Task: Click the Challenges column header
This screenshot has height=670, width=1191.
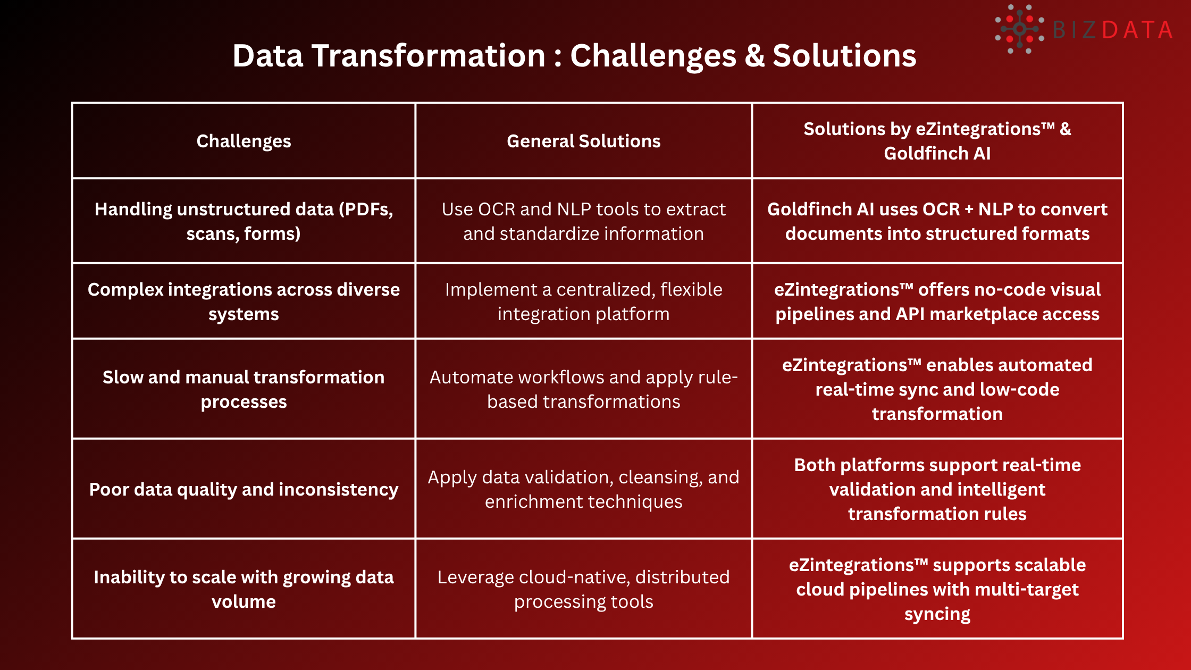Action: tap(244, 141)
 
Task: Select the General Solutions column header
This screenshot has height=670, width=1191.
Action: tap(583, 141)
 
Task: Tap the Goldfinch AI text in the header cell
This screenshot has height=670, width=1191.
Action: tap(937, 154)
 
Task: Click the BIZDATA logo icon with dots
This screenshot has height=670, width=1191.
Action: tap(1019, 29)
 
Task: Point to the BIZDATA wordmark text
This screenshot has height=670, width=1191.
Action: tap(1112, 30)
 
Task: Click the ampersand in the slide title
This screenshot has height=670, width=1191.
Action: tap(754, 56)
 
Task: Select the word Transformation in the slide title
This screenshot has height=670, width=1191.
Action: tap(429, 56)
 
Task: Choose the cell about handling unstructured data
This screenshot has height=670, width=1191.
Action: tap(244, 221)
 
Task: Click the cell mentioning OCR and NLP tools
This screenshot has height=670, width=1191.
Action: tap(583, 221)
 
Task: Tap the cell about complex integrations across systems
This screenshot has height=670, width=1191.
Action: tap(244, 301)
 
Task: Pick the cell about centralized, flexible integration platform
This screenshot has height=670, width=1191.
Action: tap(583, 301)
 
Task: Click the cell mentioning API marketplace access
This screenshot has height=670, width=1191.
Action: tap(937, 301)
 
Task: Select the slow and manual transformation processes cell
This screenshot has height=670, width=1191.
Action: tap(244, 389)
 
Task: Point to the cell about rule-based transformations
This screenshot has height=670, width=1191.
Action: tap(583, 389)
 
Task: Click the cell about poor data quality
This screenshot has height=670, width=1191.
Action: tap(244, 489)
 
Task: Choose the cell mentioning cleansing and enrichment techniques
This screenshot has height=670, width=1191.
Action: tap(583, 489)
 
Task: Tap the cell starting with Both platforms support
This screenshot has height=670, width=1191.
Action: tap(937, 489)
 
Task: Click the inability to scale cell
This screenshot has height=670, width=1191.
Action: tap(244, 589)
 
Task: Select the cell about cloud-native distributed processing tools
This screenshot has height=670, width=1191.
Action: tap(583, 589)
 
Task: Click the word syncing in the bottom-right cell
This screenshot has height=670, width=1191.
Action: tap(937, 614)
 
